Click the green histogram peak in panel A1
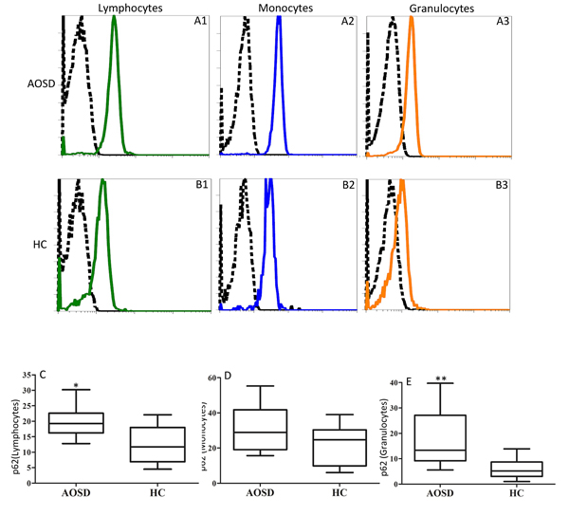pos(115,30)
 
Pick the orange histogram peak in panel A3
pos(412,28)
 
